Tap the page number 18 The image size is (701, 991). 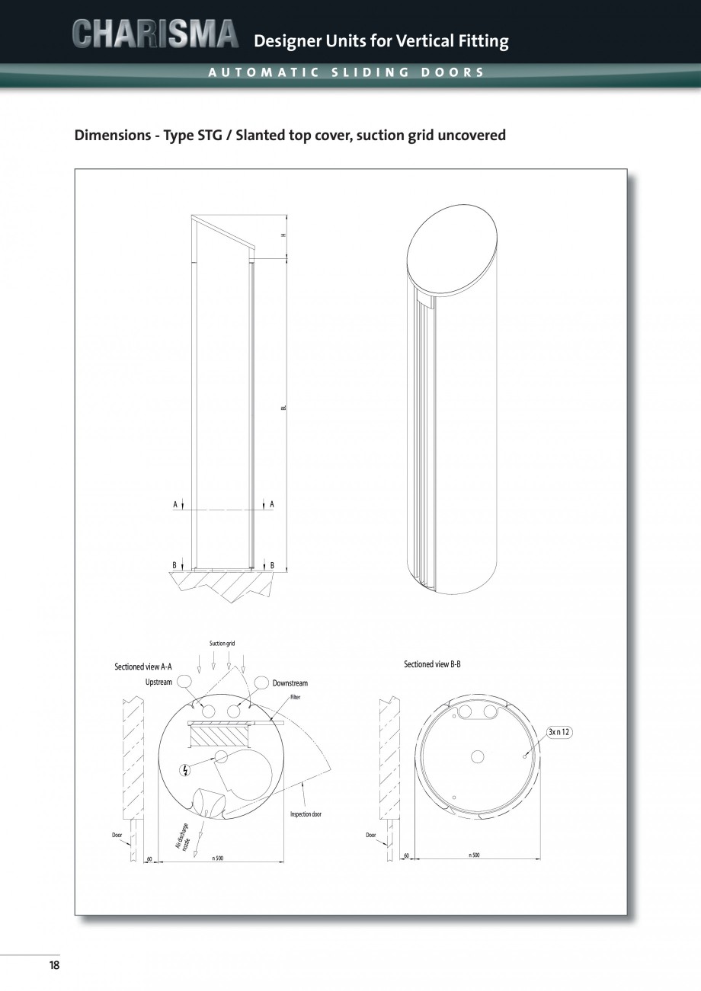(x=54, y=965)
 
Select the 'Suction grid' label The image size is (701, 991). (x=222, y=644)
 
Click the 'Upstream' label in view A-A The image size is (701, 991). (x=158, y=682)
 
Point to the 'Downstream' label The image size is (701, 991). (x=290, y=683)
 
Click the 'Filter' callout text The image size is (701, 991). (x=295, y=698)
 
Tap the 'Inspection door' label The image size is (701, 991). (x=306, y=814)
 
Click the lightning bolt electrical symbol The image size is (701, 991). (x=184, y=770)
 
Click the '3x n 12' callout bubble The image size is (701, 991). (x=559, y=732)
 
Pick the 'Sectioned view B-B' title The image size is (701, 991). (x=432, y=665)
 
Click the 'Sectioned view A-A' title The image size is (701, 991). (x=143, y=667)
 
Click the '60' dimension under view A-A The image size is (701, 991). (x=149, y=858)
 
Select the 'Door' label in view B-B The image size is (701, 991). (x=370, y=835)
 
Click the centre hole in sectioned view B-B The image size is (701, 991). (x=478, y=756)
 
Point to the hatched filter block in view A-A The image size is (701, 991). (x=221, y=736)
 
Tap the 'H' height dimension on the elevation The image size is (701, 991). (x=283, y=235)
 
